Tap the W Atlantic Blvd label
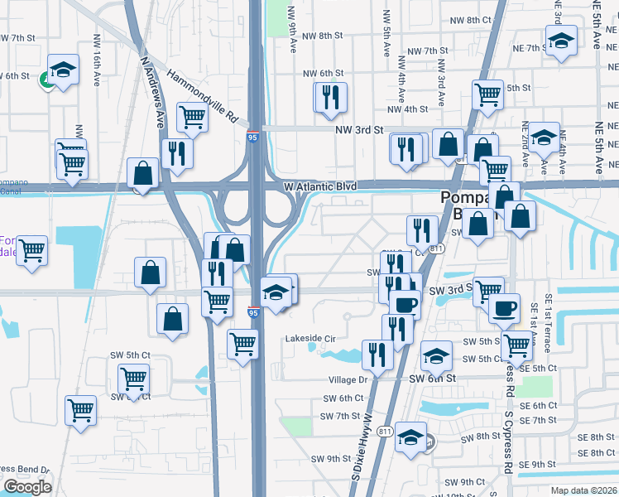(x=319, y=187)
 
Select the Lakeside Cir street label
(x=310, y=339)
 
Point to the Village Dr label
(x=348, y=379)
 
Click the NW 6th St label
(x=323, y=74)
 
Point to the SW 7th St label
(x=341, y=416)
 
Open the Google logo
(x=27, y=487)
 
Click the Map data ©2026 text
(x=584, y=490)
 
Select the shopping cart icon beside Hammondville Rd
(x=191, y=117)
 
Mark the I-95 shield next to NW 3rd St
(x=251, y=138)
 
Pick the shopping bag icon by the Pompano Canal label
(x=143, y=173)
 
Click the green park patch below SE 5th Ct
(x=538, y=386)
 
